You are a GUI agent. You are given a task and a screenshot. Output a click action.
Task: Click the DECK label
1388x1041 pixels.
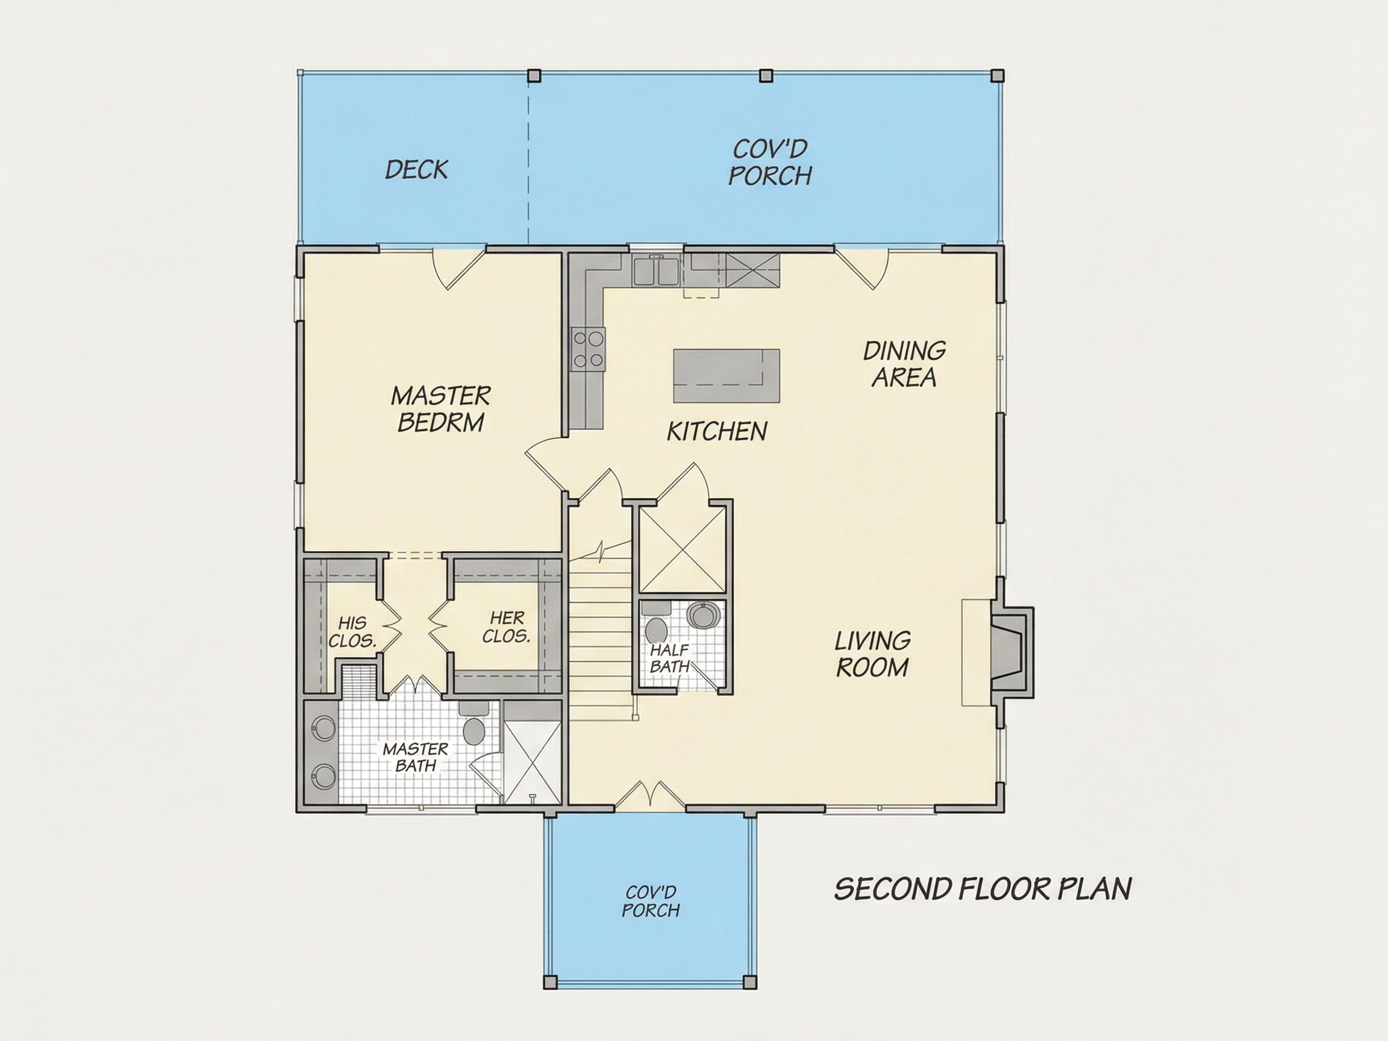(x=416, y=169)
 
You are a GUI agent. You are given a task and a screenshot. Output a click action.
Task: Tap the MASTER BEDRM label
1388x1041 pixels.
(x=440, y=408)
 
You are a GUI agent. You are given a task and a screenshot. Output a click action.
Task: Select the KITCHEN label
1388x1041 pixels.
(x=716, y=431)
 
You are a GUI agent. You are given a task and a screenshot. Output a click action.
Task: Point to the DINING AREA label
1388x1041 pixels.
(x=904, y=364)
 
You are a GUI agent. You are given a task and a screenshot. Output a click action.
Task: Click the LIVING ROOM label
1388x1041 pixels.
(x=872, y=654)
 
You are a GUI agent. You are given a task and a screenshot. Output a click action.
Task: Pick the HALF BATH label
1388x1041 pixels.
(x=669, y=658)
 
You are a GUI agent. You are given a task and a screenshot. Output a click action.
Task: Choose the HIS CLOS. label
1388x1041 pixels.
(x=352, y=632)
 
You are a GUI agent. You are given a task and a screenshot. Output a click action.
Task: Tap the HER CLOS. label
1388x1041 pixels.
(x=507, y=627)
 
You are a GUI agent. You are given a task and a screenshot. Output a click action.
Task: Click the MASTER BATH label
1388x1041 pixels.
(x=416, y=757)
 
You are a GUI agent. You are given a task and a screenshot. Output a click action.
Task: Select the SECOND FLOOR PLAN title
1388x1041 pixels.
(x=983, y=889)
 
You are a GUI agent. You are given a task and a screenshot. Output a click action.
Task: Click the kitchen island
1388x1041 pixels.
(x=726, y=376)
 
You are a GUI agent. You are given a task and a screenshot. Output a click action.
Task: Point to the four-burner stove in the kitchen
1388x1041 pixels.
(x=588, y=349)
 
